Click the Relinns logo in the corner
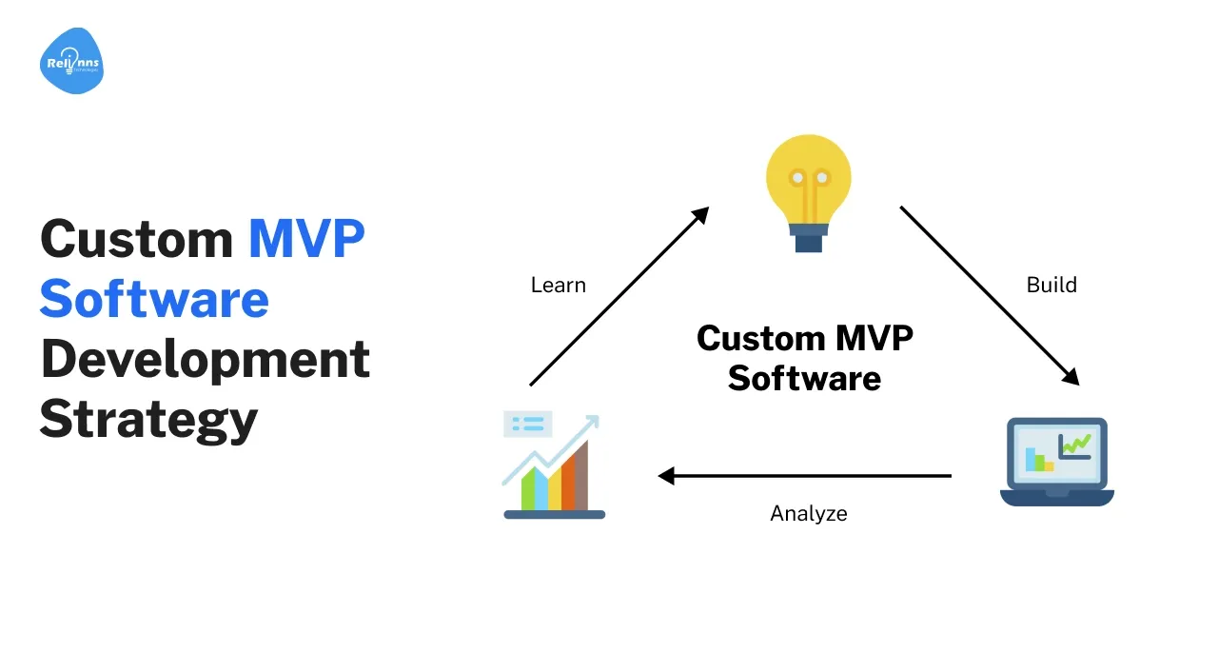(72, 62)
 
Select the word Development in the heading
(205, 359)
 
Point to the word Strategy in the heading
(148, 419)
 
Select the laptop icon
(1056, 462)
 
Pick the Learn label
(559, 285)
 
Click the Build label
(1051, 285)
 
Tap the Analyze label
(809, 514)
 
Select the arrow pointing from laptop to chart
(805, 475)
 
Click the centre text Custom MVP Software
(805, 359)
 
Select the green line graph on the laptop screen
(1076, 443)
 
